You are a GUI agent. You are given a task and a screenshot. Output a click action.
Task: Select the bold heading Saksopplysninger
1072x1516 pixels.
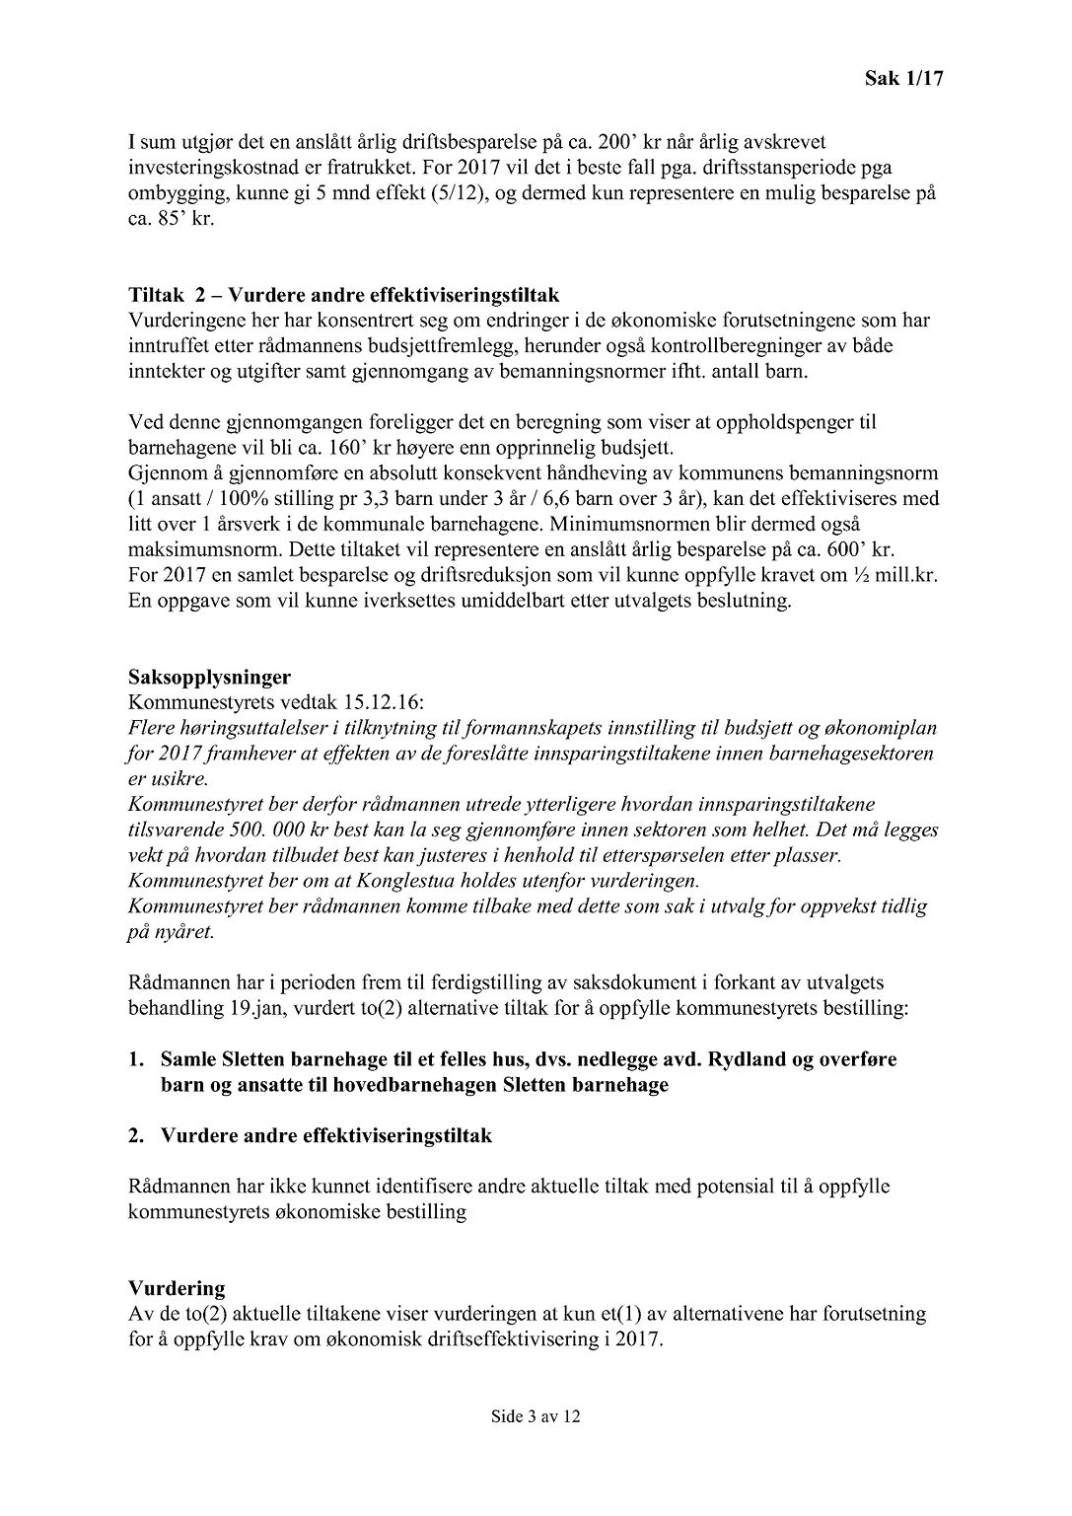209,678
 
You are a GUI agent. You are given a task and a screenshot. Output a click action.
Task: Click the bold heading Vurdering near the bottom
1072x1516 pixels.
177,1288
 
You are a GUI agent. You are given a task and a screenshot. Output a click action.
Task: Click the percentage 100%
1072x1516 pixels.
268,499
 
